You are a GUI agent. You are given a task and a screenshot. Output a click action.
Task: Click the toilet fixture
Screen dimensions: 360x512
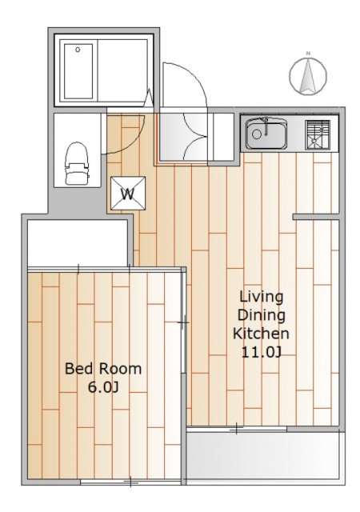coord(78,163)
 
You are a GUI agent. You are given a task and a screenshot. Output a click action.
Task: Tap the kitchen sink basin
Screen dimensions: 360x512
coord(266,134)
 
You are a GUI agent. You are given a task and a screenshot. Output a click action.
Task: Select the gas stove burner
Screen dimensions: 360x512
coord(318,134)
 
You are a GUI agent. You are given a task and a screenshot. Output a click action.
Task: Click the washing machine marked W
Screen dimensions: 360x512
coord(128,194)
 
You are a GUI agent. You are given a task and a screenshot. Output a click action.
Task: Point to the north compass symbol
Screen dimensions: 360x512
coord(308,77)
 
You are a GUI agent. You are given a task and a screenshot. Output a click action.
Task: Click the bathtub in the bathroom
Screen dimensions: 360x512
coord(78,71)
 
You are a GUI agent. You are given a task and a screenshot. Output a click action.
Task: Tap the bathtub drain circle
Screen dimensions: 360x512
coord(78,50)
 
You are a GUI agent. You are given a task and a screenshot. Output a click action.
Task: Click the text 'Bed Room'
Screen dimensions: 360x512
coord(103,369)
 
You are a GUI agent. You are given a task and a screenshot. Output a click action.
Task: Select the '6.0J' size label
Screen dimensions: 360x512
coord(103,387)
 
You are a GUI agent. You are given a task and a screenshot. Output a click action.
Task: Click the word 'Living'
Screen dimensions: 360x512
coord(262,298)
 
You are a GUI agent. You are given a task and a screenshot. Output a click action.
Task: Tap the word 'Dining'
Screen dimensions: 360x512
coord(262,316)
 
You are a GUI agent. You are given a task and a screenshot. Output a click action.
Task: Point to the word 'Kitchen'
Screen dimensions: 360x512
coord(261,334)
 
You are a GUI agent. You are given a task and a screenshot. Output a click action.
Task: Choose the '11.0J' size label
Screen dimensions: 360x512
coord(262,352)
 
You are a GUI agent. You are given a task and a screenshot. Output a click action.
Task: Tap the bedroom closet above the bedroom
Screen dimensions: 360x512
coord(78,243)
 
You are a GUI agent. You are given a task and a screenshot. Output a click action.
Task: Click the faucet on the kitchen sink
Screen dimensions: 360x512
coord(266,126)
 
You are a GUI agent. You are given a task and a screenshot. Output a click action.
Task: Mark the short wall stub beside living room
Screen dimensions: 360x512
coord(315,217)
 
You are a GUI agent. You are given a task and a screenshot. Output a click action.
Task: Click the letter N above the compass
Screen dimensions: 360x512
coord(308,54)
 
